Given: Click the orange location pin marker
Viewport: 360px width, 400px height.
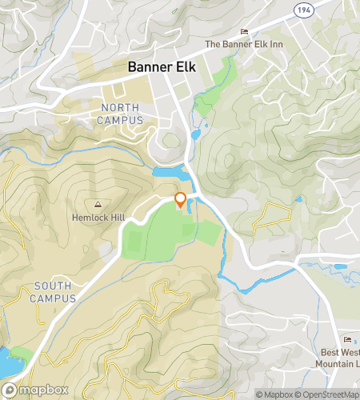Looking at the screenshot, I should pyautogui.click(x=180, y=200).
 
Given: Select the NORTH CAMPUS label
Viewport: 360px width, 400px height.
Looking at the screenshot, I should pyautogui.click(x=120, y=114).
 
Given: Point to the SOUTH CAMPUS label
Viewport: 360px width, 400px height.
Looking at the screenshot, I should pyautogui.click(x=53, y=292).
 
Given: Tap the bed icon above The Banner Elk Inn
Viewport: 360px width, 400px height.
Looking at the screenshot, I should pyautogui.click(x=244, y=32).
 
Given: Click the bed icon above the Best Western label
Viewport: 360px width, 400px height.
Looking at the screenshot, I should pyautogui.click(x=346, y=342).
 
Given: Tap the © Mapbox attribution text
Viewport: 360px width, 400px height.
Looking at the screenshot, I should pyautogui.click(x=274, y=394).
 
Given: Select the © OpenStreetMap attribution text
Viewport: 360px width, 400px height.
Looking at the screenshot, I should pyautogui.click(x=328, y=394).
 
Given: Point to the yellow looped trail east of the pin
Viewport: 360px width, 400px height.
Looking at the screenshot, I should pyautogui.click(x=272, y=214).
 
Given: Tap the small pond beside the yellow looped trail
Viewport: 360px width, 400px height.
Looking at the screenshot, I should pyautogui.click(x=299, y=198).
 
